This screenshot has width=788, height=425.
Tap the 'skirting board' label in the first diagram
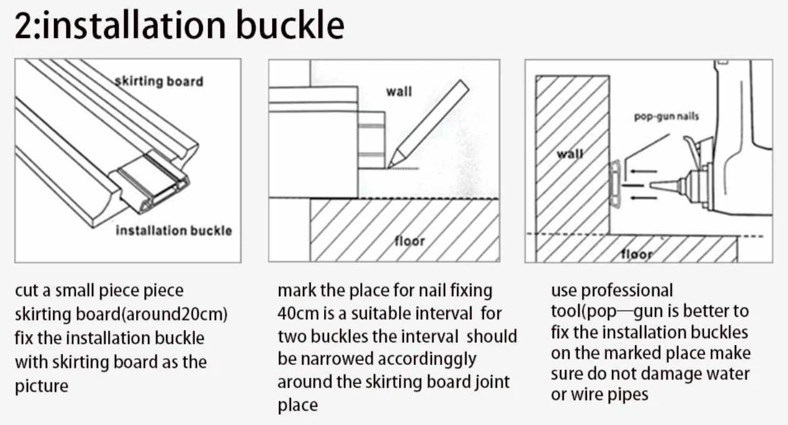[x=159, y=81]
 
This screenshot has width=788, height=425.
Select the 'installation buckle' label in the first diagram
[x=174, y=231]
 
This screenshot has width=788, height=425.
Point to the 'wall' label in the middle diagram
[x=399, y=91]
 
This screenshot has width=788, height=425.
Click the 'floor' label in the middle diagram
[x=410, y=241]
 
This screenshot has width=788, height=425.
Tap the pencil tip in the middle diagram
[x=389, y=167]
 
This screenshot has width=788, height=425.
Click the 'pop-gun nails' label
[x=666, y=116]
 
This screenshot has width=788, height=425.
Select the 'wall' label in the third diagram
[x=570, y=154]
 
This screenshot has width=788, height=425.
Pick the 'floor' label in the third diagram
[x=637, y=254]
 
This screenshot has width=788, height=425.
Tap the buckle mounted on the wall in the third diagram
[x=615, y=184]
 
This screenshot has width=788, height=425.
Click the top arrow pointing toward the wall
[x=643, y=171]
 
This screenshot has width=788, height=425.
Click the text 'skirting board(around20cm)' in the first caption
[x=121, y=314]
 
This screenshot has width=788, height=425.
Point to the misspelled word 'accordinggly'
[x=426, y=360]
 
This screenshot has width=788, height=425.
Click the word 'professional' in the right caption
[x=627, y=291]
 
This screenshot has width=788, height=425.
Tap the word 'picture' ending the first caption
[x=41, y=386]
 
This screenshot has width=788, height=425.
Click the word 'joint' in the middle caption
[x=492, y=382]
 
